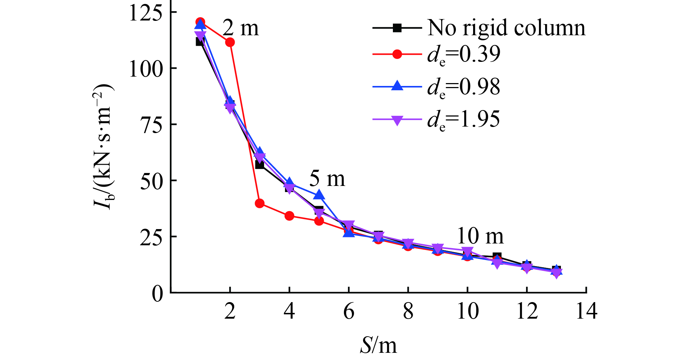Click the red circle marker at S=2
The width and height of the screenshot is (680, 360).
point(230,42)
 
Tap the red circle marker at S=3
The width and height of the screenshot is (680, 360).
point(260,204)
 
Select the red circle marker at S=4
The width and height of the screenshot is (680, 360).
point(289,216)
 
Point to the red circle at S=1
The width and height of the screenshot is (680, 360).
point(200,22)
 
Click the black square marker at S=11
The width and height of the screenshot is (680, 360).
point(497,256)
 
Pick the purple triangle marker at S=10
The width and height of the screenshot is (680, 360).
point(467,251)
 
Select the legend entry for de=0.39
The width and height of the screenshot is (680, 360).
point(464,54)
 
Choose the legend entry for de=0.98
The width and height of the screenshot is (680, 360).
point(464,87)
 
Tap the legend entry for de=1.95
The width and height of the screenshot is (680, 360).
point(464,119)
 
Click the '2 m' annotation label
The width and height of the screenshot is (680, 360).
point(241,28)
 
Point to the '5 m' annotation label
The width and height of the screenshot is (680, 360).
point(327,179)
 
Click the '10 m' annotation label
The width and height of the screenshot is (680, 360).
point(480,236)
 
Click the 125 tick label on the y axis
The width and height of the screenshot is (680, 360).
point(146,13)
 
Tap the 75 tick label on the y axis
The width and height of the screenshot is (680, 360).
point(151,124)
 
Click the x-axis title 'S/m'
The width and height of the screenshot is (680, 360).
point(378,346)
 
